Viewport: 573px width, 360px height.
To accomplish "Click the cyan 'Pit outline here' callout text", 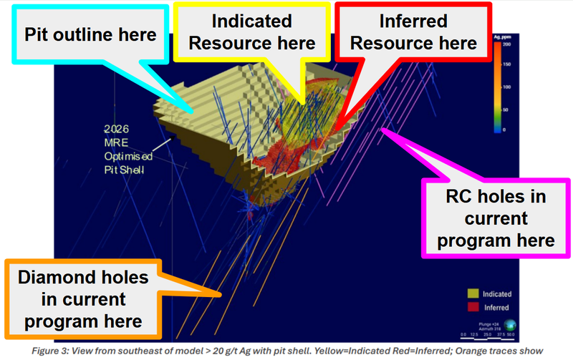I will [91, 34].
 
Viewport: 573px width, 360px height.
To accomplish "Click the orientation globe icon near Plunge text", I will [507, 323].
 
